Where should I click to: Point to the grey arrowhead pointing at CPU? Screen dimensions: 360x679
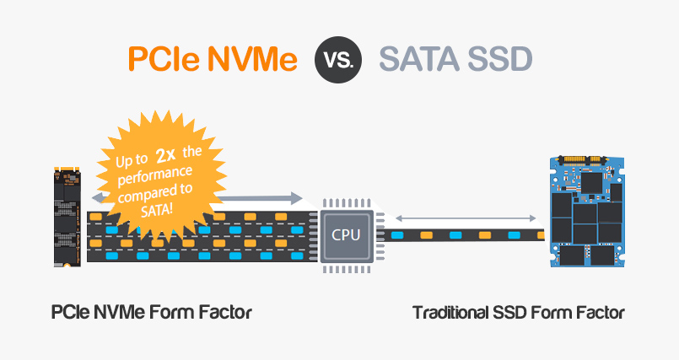pyautogui.click(x=294, y=198)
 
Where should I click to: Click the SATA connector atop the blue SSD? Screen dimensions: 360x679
pyautogui.click(x=580, y=159)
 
